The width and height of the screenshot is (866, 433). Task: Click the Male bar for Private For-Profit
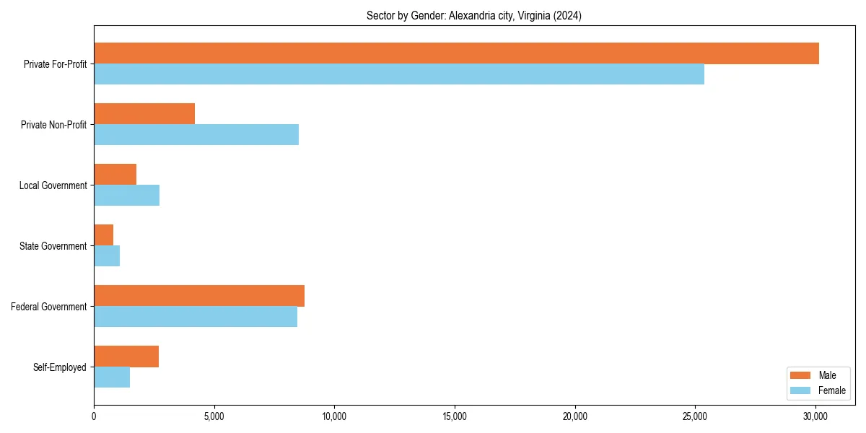click(x=456, y=53)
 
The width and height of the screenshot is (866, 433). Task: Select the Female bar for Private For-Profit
click(x=399, y=74)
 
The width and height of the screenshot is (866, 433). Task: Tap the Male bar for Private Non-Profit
click(x=144, y=114)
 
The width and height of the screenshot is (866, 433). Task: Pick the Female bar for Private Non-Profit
click(x=196, y=135)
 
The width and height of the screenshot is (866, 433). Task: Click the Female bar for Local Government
click(x=127, y=196)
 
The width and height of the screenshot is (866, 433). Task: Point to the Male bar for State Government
click(x=104, y=235)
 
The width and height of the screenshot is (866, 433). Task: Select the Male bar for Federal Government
click(x=199, y=296)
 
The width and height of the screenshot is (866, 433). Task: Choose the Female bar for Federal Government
click(x=196, y=317)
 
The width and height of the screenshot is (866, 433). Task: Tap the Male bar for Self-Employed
click(x=126, y=357)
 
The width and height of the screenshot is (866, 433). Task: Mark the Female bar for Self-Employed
click(x=112, y=377)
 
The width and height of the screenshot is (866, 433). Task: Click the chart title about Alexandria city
click(x=474, y=15)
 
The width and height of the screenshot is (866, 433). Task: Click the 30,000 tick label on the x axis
click(x=815, y=416)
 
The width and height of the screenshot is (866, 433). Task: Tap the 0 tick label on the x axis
click(x=94, y=416)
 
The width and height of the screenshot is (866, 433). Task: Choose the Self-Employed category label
click(x=60, y=367)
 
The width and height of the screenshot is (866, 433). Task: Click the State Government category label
click(x=53, y=246)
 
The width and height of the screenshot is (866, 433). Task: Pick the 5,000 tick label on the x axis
click(x=214, y=416)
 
